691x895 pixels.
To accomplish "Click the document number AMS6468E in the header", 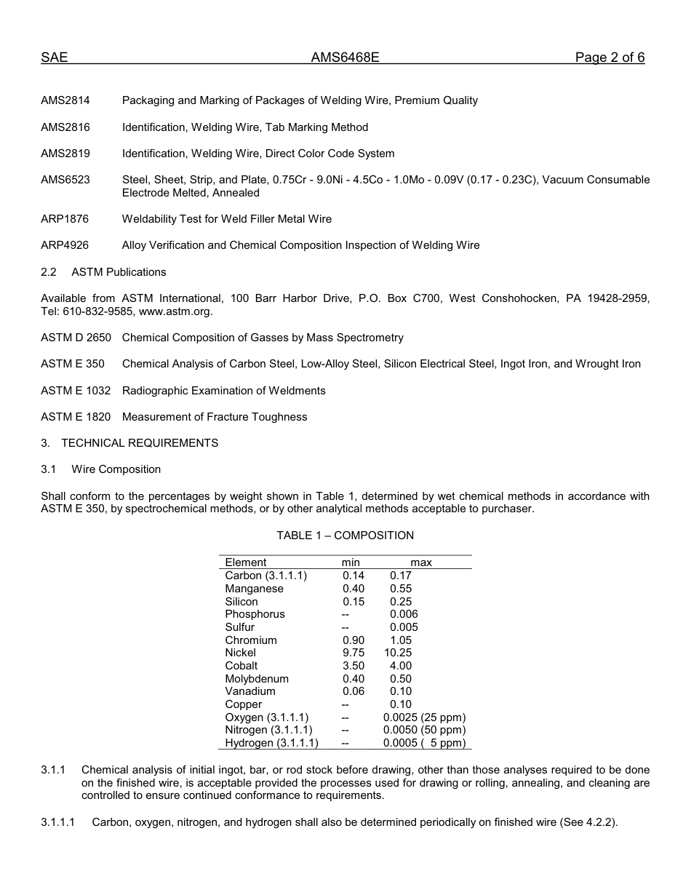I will coord(345,58).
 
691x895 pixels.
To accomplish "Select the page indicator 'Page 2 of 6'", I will coord(610,58).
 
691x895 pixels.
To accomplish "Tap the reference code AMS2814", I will coord(65,100).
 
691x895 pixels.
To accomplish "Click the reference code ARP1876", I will coord(65,219).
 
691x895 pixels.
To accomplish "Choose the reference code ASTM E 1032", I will coord(76,391).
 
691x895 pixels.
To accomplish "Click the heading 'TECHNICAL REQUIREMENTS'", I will coord(140,443).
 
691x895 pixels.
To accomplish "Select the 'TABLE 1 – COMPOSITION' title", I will coord(345,536).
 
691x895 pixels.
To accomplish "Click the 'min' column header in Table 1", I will coord(351,562).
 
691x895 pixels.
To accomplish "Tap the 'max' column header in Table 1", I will coord(421,562).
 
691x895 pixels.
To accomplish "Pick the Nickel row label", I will coord(240,653).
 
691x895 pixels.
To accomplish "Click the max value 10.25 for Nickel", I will coord(398,653).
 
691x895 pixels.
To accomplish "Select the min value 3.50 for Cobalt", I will coord(354,666).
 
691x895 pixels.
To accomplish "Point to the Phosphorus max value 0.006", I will coord(404,614).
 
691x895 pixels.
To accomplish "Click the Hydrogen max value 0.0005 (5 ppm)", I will coord(424,743).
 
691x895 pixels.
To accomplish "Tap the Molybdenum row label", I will coord(257,679).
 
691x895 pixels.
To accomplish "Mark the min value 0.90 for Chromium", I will coord(354,640).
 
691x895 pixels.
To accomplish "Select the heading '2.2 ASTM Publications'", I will coord(103,272).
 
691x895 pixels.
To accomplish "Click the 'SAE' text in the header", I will coord(54,58).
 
